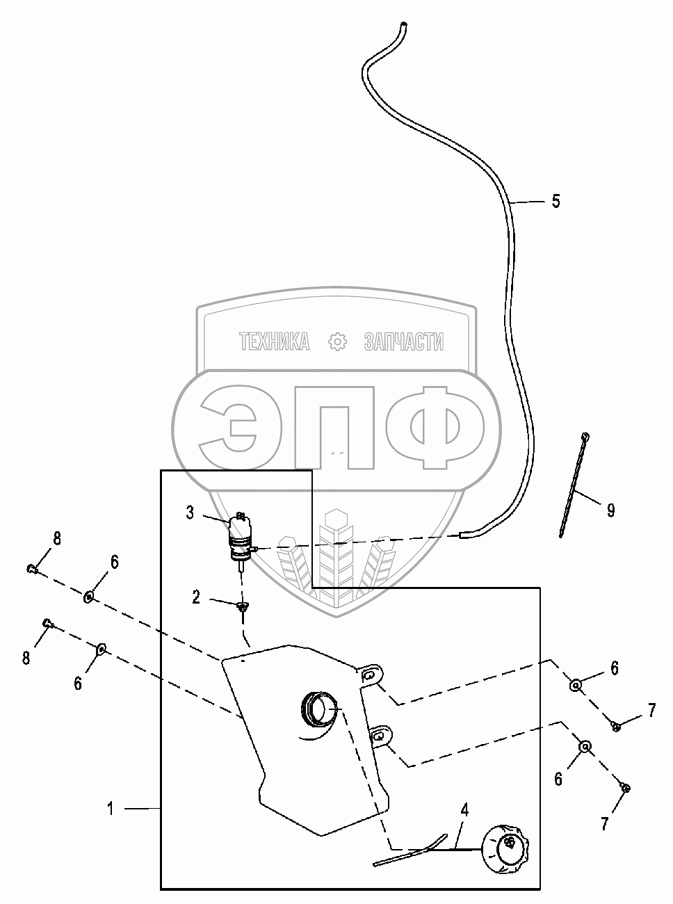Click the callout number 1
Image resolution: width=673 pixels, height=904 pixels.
click(111, 808)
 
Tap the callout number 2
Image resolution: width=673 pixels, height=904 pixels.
click(197, 597)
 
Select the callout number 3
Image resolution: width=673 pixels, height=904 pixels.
click(190, 513)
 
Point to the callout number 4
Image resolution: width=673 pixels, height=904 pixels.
click(464, 809)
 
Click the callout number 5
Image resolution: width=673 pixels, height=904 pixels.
click(556, 202)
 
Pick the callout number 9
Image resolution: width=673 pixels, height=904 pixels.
click(610, 511)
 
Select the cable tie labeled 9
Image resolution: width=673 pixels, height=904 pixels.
click(574, 485)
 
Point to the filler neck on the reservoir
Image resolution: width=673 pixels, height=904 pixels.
click(320, 709)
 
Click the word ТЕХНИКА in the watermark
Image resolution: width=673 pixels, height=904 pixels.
click(274, 341)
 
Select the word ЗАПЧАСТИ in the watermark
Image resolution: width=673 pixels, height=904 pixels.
click(403, 341)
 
